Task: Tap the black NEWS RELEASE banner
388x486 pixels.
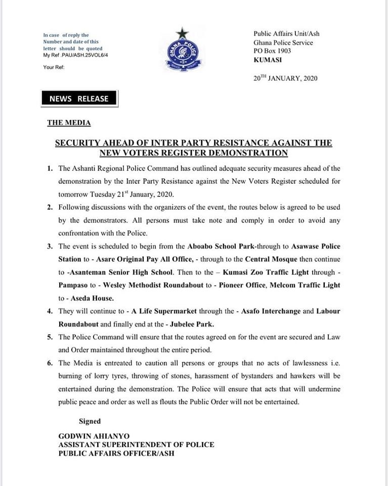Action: [79, 99]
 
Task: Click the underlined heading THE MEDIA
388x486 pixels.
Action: [69, 123]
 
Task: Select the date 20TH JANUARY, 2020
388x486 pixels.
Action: [285, 79]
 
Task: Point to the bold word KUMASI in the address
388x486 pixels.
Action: [269, 59]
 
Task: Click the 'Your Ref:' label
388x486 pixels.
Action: [54, 66]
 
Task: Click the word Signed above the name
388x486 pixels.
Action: [90, 421]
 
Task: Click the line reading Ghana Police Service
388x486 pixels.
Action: [283, 43]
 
